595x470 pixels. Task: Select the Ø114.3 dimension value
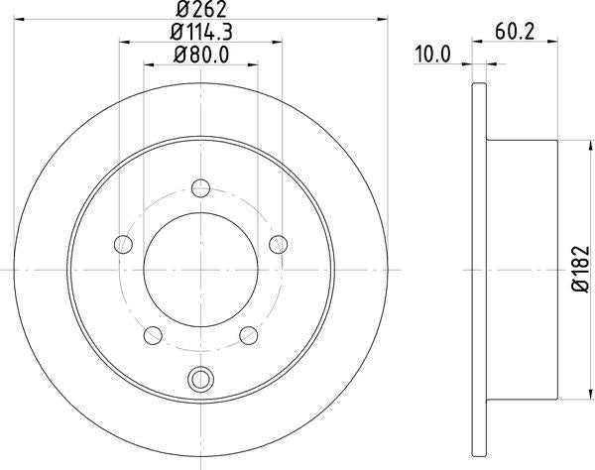click(201, 34)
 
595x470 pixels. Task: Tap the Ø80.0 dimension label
click(201, 56)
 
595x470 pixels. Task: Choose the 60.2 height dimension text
click(516, 34)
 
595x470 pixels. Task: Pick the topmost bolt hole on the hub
click(201, 186)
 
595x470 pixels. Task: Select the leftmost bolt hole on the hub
click(123, 243)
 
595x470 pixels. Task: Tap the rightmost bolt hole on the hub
click(280, 243)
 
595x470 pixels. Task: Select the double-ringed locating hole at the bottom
click(201, 379)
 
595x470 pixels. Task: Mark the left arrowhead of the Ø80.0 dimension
click(149, 64)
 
